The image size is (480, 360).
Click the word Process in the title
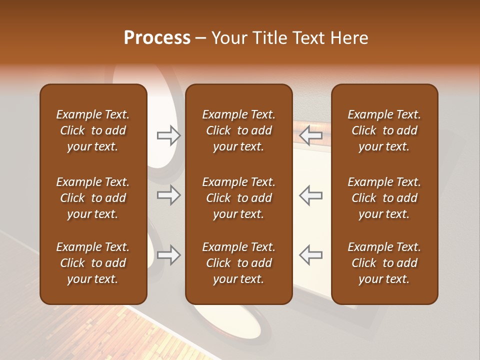click(x=157, y=38)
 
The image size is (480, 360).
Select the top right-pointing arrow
click(x=168, y=135)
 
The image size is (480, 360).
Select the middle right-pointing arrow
click(x=168, y=195)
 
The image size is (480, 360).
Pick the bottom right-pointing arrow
click(x=168, y=255)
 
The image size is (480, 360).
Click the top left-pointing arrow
click(x=311, y=135)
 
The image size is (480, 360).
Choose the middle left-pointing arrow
click(x=311, y=195)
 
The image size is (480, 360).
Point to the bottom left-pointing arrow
click(x=311, y=255)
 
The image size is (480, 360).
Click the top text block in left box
click(x=93, y=130)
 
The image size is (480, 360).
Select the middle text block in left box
click(x=93, y=198)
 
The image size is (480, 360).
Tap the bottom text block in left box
click(x=93, y=263)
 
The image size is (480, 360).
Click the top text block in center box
click(x=239, y=130)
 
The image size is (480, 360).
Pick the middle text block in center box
click(x=239, y=198)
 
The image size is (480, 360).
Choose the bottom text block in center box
click(x=239, y=263)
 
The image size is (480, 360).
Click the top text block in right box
click(x=384, y=130)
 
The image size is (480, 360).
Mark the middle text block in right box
click(x=384, y=198)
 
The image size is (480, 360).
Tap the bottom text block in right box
click(x=384, y=263)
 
